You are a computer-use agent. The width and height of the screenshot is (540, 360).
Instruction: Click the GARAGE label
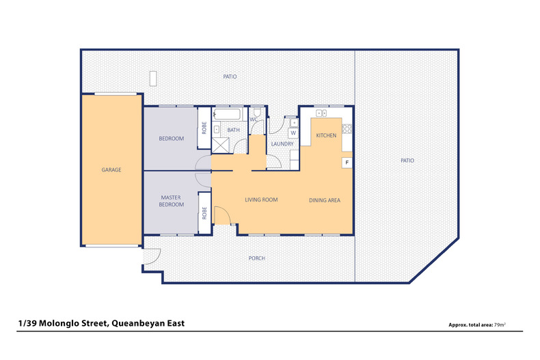[x=111, y=170]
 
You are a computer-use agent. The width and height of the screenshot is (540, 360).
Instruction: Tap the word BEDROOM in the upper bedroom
[x=172, y=139]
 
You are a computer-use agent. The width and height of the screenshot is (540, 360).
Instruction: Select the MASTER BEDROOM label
[x=171, y=201]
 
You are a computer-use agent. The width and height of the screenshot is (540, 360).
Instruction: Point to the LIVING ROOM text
[x=261, y=200]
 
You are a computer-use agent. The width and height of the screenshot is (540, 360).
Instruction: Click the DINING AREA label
[x=325, y=200]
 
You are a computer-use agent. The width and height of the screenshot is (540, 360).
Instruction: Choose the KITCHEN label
[x=326, y=136]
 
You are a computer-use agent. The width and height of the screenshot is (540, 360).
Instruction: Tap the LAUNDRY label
[x=282, y=144]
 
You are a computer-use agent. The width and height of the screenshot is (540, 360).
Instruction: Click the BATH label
[x=234, y=130]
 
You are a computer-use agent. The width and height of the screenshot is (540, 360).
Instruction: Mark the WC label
[x=253, y=120]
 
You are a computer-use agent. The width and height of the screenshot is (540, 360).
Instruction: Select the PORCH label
[x=256, y=258]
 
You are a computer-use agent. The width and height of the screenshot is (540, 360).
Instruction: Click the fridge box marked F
[x=347, y=163]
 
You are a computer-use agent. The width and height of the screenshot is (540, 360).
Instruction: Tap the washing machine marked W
[x=293, y=133]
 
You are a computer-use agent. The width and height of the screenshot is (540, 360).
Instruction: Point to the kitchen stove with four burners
[x=347, y=127]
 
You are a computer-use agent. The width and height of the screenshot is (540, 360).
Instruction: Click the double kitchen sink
[x=321, y=113]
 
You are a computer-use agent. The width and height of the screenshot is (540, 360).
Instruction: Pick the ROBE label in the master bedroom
[x=204, y=212]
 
